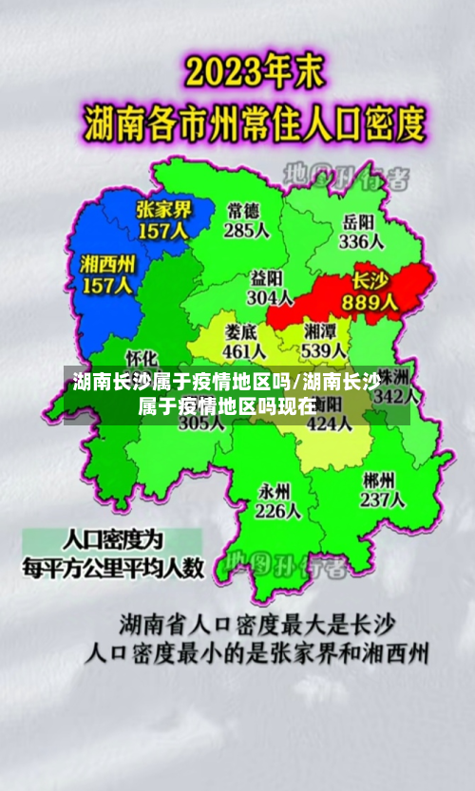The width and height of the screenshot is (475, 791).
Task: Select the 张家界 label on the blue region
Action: pos(163,210)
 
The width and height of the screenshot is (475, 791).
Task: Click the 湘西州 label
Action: pos(107,262)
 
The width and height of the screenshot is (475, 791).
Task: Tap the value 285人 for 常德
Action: pos(247,230)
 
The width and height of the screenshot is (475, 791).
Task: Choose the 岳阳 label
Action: pos(359,221)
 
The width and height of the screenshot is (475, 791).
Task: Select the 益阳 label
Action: pos(268,277)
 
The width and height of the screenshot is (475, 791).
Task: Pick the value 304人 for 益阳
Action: pos(268,297)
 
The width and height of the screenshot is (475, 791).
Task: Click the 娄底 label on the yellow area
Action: pos(242,331)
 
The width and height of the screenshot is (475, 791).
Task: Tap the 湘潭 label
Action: pos(320,331)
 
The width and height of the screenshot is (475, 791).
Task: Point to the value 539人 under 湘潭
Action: pos(323,351)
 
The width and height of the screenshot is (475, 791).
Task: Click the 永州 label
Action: pos(275,490)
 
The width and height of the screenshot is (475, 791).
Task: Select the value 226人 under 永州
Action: pos(277,511)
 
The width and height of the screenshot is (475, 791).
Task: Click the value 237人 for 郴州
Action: pos(383,499)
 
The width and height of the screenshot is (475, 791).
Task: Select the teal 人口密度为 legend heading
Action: pos(113,541)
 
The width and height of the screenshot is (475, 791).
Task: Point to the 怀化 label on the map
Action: pos(142,358)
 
